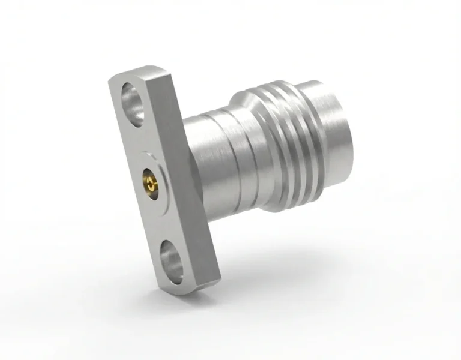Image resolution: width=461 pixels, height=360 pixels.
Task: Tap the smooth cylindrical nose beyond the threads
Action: click(333, 135)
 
